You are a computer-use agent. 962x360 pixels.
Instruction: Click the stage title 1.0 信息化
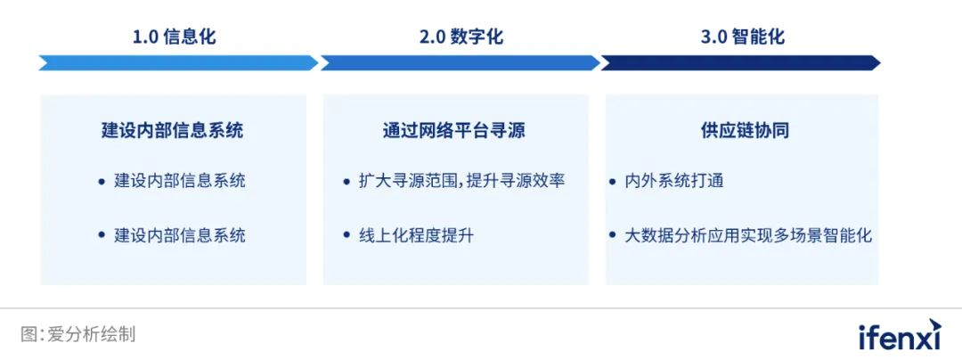click(175, 37)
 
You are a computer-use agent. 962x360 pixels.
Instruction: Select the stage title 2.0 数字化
click(461, 37)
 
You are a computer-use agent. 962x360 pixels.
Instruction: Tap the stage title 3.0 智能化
click(742, 37)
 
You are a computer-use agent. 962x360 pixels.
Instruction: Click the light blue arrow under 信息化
click(178, 62)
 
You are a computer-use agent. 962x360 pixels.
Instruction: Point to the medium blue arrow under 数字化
click(461, 62)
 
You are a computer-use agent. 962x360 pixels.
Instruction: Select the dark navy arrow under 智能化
click(740, 62)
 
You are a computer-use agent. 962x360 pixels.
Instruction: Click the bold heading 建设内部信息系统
click(173, 131)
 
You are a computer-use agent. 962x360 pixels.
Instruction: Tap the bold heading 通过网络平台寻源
click(454, 131)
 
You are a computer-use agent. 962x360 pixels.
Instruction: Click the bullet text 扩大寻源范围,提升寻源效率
click(461, 182)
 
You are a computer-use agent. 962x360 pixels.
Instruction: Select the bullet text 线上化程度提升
click(416, 235)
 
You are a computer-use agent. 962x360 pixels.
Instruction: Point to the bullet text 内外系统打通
click(674, 182)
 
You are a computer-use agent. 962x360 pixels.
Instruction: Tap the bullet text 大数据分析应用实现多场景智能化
click(748, 235)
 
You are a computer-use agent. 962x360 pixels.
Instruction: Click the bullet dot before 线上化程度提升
click(346, 235)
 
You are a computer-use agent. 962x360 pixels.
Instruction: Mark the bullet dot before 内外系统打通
click(612, 182)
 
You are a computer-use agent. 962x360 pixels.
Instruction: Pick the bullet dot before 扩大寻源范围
click(346, 182)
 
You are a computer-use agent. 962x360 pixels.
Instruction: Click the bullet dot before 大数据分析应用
click(612, 235)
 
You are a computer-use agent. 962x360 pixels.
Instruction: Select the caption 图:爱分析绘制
click(77, 334)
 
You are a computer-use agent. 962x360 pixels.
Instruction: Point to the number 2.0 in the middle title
click(433, 37)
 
